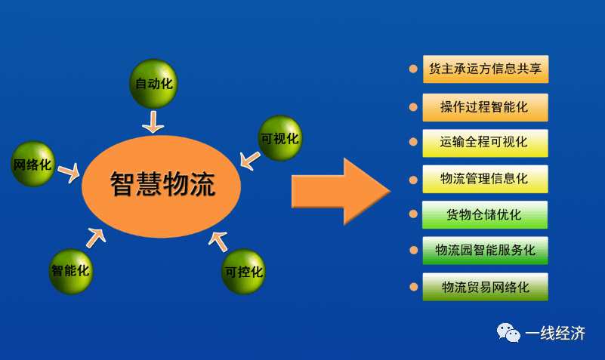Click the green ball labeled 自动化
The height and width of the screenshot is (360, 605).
(153, 84)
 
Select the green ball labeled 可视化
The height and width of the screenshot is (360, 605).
(280, 138)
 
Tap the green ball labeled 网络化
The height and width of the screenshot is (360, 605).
(33, 164)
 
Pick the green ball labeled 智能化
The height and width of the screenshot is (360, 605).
(71, 272)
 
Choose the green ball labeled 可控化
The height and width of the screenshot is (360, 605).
(243, 272)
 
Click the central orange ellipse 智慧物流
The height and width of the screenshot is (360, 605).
(162, 186)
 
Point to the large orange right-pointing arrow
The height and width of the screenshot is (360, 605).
(341, 191)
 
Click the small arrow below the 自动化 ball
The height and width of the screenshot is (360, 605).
(153, 122)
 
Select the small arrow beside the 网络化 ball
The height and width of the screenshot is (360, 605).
(69, 173)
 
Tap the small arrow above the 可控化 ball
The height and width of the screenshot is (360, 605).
(218, 242)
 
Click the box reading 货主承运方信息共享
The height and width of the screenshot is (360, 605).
(486, 69)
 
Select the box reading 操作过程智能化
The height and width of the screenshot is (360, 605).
(485, 107)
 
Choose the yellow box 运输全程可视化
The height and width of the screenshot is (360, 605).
(485, 143)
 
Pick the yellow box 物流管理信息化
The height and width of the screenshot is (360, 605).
(485, 179)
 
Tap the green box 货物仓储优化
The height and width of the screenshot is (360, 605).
(485, 214)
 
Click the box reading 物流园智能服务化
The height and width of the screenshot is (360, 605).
(485, 251)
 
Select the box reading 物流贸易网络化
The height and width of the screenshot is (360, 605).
(485, 287)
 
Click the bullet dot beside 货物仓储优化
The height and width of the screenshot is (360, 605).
(413, 214)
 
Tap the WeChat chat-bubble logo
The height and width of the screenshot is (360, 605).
(508, 333)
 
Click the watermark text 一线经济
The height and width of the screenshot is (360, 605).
(555, 334)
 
